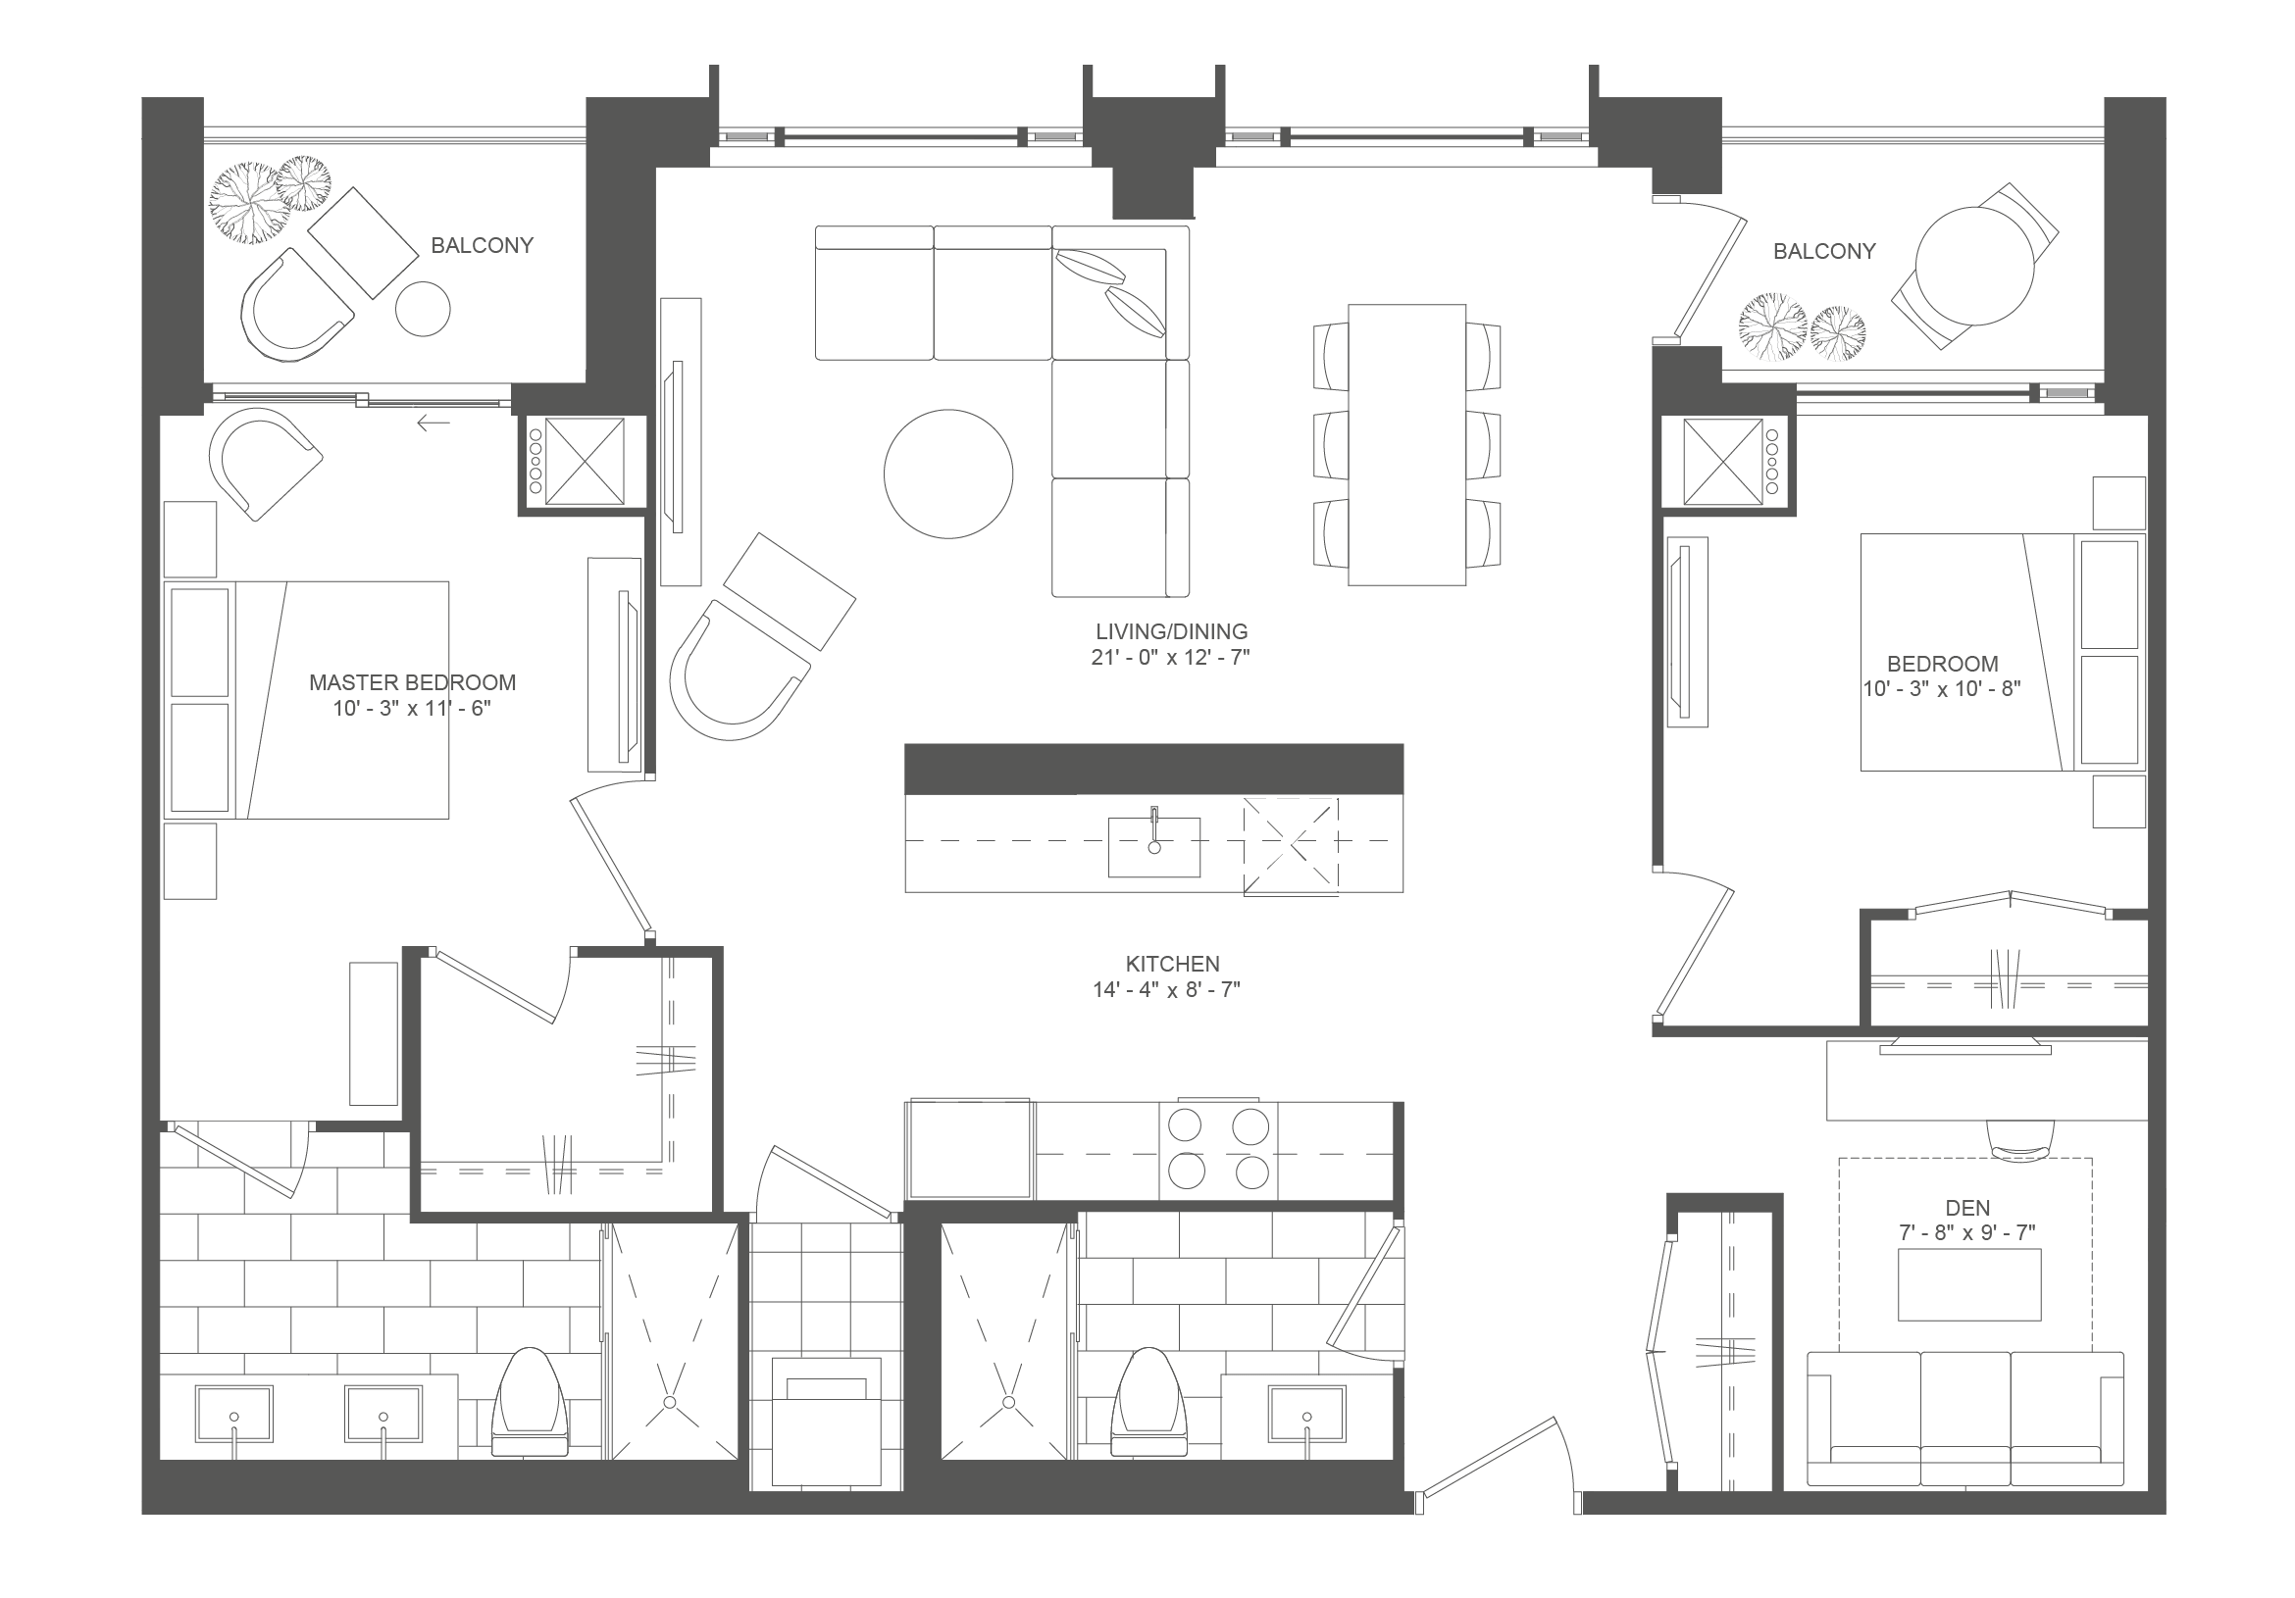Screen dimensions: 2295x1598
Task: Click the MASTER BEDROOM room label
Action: (412, 682)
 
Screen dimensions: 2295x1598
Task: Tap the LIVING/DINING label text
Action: (1171, 631)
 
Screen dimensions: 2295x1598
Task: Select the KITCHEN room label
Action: (1172, 964)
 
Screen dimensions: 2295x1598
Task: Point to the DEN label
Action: (1967, 1207)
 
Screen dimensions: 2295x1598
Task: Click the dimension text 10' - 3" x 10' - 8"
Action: (1942, 688)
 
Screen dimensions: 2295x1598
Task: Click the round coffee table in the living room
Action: (947, 474)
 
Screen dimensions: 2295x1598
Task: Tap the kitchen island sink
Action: (1153, 846)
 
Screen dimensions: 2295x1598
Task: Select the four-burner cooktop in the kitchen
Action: (1217, 1150)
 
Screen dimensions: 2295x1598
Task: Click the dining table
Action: (1406, 445)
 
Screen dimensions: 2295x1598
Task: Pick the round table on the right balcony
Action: (1974, 266)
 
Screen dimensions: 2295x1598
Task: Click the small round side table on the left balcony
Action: (423, 309)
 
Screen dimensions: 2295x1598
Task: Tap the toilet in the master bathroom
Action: (530, 1401)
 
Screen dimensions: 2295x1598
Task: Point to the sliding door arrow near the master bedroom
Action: (433, 424)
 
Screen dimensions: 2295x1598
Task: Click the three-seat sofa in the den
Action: (1965, 1420)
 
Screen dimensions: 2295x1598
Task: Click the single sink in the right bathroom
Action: (1307, 1413)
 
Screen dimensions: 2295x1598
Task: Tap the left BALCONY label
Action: (482, 245)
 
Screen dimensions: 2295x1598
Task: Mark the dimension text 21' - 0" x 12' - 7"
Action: (1170, 658)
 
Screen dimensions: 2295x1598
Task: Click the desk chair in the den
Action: (2021, 1140)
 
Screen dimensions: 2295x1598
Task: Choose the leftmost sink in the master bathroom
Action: (233, 1413)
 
